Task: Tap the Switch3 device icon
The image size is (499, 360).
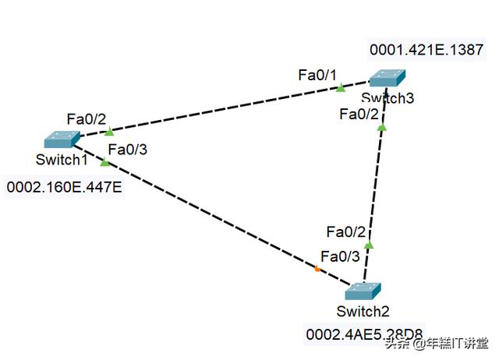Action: coord(387,78)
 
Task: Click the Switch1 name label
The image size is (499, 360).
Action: coord(61,160)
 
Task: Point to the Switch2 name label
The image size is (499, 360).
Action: coord(363,312)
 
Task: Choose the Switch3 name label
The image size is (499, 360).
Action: coord(388,98)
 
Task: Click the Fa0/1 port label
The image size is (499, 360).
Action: coord(317,75)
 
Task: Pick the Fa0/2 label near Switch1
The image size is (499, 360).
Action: coord(87,119)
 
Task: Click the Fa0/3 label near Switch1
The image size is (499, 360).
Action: coord(127,150)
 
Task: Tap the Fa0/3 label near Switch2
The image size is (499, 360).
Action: coord(342,256)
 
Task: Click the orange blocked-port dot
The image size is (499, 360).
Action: coord(317,270)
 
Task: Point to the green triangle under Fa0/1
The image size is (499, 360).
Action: coord(340,88)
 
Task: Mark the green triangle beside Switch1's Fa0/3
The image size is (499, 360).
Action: coord(105,162)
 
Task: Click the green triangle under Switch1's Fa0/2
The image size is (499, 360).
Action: coord(108,131)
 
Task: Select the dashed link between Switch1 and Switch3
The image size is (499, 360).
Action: coord(226,109)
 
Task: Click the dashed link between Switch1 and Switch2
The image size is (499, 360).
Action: coord(211,214)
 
